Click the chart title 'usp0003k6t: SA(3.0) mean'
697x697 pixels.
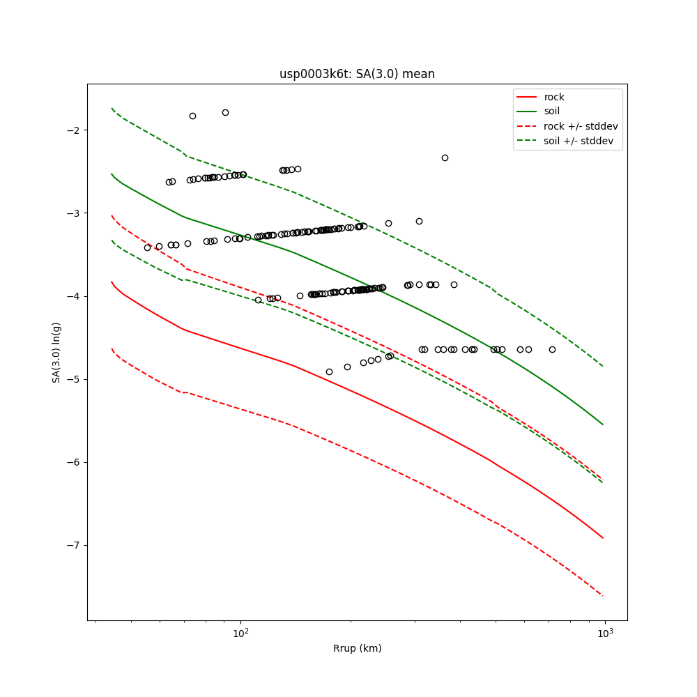pos(357,74)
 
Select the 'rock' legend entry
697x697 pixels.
pos(554,97)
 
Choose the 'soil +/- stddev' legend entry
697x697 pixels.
pos(579,141)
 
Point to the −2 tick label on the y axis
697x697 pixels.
pos(72,130)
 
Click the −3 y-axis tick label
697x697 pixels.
pos(72,213)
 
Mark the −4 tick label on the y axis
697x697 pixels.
pos(72,296)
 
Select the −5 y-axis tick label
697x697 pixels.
pos(72,379)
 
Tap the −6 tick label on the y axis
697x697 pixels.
pos(72,462)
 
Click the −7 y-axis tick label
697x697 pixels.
pos(72,545)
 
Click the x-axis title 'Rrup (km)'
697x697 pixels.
pos(357,648)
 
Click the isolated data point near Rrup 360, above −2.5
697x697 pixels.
pos(445,158)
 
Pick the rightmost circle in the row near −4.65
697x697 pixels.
pos(552,349)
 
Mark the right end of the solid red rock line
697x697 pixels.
pos(603,537)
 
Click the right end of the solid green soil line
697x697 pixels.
pos(603,424)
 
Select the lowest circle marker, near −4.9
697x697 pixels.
pos(329,372)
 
